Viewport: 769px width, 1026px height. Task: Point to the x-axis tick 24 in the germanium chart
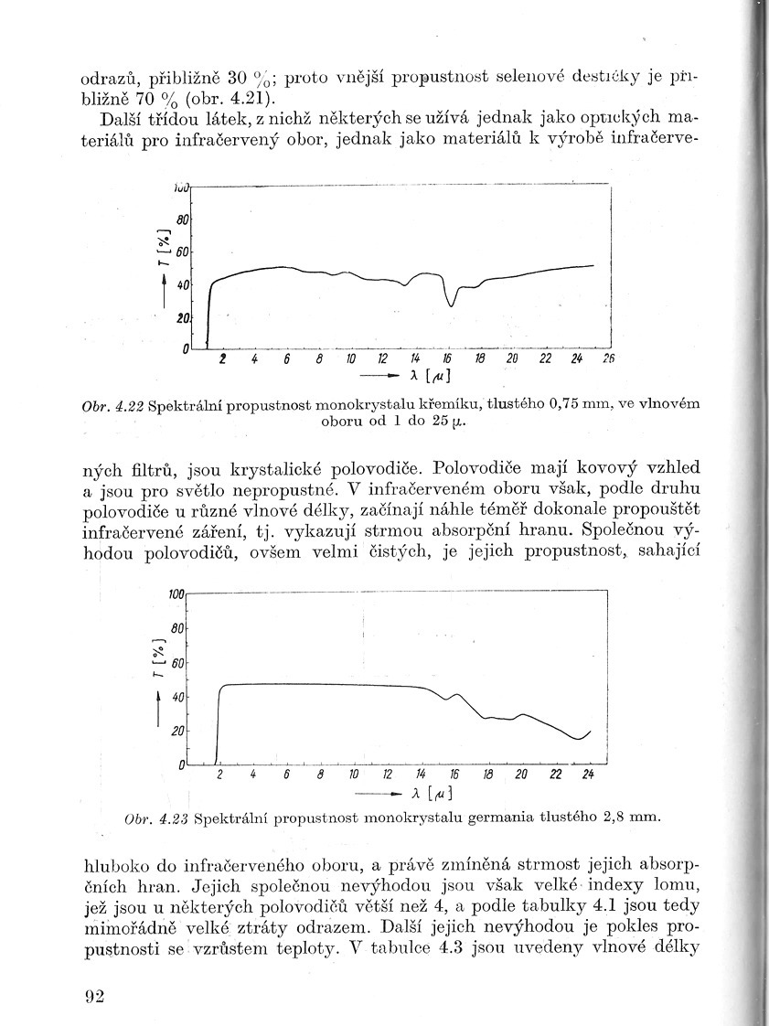click(x=588, y=775)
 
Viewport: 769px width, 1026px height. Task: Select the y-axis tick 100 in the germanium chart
click(x=176, y=594)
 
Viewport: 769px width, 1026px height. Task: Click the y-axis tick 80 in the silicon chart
click(x=182, y=219)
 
